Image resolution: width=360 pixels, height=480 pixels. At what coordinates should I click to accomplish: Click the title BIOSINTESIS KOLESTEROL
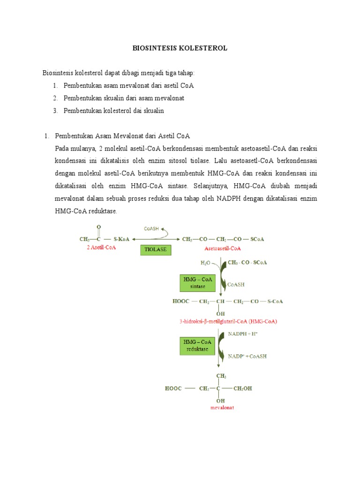click(x=180, y=48)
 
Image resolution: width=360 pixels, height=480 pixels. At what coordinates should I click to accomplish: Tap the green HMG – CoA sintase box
click(x=198, y=283)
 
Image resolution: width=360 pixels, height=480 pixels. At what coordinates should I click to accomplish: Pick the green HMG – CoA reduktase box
click(x=198, y=346)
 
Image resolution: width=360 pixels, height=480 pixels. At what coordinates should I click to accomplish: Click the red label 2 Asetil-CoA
click(x=101, y=247)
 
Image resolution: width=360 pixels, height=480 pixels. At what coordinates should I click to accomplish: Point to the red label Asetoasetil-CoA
click(x=223, y=247)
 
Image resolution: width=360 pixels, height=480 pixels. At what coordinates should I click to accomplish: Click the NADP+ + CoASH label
click(x=247, y=356)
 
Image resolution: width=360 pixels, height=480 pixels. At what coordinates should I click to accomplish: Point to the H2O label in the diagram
click(x=206, y=263)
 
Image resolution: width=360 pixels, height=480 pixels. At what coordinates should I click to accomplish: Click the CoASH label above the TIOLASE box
click(x=151, y=229)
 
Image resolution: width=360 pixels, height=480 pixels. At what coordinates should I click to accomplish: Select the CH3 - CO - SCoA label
click(x=247, y=262)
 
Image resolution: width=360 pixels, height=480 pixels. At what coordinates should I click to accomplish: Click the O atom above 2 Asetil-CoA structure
click(x=99, y=227)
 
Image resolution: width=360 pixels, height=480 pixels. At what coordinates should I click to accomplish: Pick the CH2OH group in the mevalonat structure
click(x=242, y=389)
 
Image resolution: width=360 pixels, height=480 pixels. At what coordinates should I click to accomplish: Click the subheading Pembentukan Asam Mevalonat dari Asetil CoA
click(x=122, y=136)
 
